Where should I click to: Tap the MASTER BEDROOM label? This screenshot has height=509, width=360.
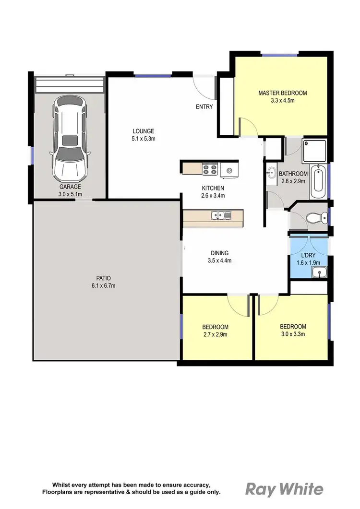pos(282,93)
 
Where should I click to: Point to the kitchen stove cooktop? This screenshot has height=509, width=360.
pos(210,169)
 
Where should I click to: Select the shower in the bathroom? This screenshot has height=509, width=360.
pos(314,150)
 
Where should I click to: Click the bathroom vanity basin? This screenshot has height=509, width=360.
pos(271,173)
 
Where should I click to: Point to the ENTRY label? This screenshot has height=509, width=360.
pos(204,107)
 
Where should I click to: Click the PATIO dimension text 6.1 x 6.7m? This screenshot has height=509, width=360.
pos(101,285)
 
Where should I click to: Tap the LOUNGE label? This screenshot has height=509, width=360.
pos(143,131)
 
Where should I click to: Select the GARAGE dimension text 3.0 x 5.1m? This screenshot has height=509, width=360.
pos(71,194)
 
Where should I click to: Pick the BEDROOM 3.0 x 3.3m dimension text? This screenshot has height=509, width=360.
pos(293,334)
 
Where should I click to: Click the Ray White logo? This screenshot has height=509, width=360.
pos(285,489)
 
